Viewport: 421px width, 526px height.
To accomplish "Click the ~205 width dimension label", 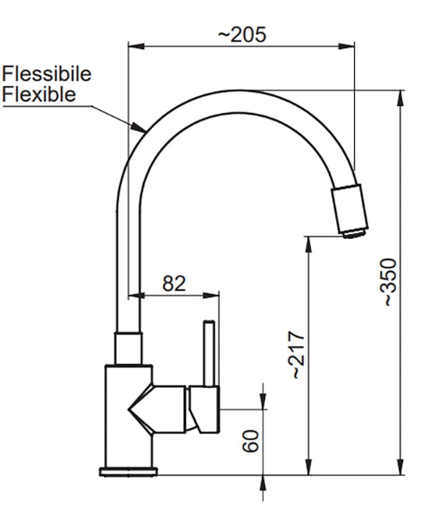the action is [242, 34].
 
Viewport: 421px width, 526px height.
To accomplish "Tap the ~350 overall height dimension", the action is [390, 283].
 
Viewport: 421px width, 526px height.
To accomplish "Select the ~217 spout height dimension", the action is [296, 355].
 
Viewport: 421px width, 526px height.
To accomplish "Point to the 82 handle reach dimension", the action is [174, 284].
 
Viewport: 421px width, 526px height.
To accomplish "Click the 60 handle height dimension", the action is [251, 441].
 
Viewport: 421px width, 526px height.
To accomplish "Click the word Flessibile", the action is [47, 74].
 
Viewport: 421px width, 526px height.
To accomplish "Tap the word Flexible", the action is [39, 94].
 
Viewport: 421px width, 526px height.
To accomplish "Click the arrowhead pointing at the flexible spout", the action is [139, 127].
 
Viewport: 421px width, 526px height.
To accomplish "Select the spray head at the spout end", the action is [349, 211].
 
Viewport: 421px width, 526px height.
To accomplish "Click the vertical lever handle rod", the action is [210, 354].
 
